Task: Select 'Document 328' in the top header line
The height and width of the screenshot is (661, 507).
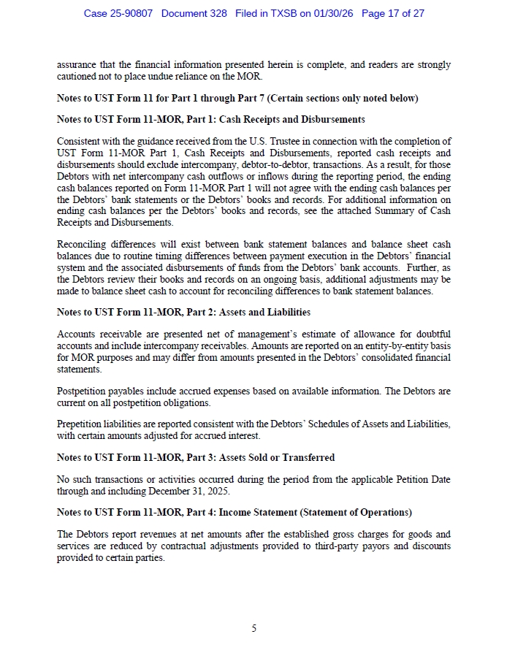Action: (x=194, y=13)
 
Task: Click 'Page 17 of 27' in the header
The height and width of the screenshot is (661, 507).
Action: (x=393, y=13)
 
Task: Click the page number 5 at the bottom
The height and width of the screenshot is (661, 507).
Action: (x=254, y=628)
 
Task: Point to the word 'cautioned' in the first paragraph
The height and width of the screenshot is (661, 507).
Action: (x=78, y=76)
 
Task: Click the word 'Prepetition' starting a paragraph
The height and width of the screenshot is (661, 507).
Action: (x=80, y=424)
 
